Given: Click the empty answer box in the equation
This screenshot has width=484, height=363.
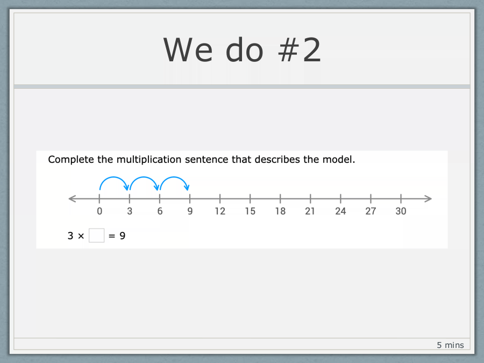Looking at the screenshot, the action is point(96,236).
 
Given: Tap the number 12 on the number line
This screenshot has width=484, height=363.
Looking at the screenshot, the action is point(220,211).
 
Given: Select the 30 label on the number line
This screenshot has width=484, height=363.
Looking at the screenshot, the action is point(401,211).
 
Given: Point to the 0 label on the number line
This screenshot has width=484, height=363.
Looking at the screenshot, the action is point(99,211).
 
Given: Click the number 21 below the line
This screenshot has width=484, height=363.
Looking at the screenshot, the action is point(310,211).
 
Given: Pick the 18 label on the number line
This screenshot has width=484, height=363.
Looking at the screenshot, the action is point(280,211).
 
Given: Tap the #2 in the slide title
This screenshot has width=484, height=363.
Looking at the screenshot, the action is point(300,49).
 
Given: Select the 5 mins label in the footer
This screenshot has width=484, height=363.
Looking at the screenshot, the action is point(450,345).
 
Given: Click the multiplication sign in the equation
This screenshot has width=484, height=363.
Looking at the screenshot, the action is point(81,236).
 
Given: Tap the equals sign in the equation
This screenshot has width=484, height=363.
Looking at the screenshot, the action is point(112,236).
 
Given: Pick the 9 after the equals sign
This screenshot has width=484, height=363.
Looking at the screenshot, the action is point(123,236).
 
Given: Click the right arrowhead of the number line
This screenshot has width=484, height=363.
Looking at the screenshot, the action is point(429,198).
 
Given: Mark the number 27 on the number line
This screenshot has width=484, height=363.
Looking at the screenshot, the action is point(371,211).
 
